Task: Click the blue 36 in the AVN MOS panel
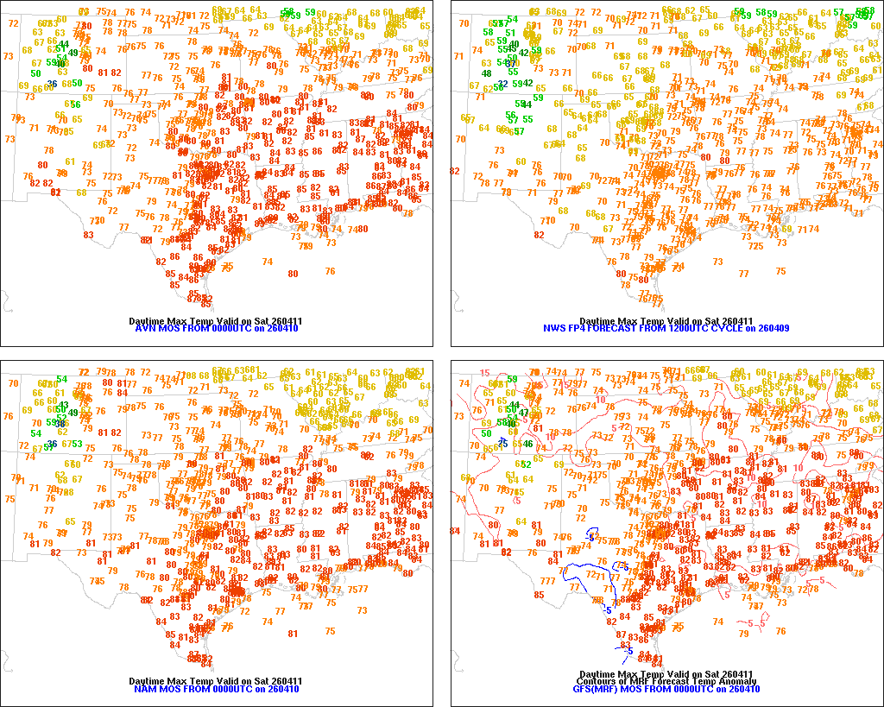(53, 84)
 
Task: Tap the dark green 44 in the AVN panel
(64, 44)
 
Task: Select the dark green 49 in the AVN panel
(73, 53)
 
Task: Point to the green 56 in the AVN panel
(76, 104)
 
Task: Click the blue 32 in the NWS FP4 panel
(503, 84)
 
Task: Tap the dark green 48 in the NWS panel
(487, 73)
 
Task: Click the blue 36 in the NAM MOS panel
(53, 444)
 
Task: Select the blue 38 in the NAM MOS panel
(61, 423)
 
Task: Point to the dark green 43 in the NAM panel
(63, 405)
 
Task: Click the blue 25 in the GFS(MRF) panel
(502, 444)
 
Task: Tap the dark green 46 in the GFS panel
(528, 444)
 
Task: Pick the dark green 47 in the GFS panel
(523, 413)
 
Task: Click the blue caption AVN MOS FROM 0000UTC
(217, 329)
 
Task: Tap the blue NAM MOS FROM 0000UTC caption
(217, 689)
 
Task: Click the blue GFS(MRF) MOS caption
(666, 689)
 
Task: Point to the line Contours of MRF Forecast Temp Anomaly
(666, 681)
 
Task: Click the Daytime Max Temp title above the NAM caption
(216, 681)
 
